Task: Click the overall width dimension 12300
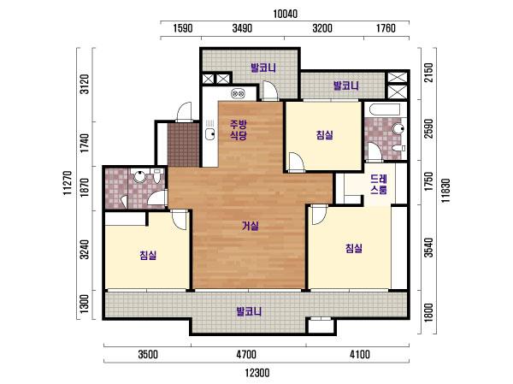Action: [x=257, y=373]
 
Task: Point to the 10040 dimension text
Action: [x=286, y=14]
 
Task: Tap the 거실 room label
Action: [x=251, y=226]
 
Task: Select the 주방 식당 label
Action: [x=239, y=130]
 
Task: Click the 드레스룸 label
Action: [x=379, y=185]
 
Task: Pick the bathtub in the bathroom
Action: [x=383, y=109]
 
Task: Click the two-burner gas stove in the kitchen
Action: [x=238, y=94]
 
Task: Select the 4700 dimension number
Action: [x=246, y=355]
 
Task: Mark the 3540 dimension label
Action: [x=428, y=248]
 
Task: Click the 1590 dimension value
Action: [x=183, y=28]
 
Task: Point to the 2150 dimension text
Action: [x=428, y=73]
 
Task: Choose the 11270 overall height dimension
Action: [x=68, y=183]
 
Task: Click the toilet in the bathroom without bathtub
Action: [x=157, y=175]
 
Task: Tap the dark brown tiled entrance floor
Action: [x=183, y=145]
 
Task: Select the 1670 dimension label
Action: [x=85, y=187]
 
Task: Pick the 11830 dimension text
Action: [x=445, y=191]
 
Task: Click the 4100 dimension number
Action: [x=360, y=355]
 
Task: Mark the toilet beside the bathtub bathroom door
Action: [x=398, y=148]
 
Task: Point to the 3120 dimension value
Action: [x=85, y=84]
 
